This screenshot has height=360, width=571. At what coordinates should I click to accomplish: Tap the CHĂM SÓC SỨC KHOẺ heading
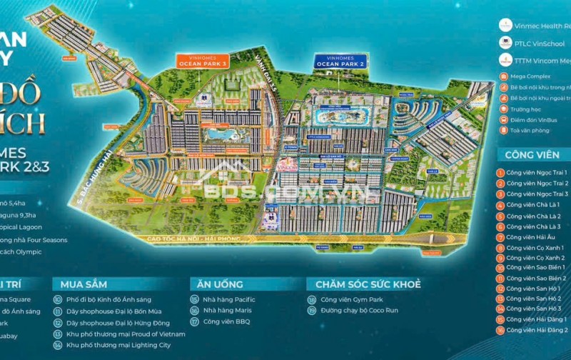[x=363, y=284]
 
